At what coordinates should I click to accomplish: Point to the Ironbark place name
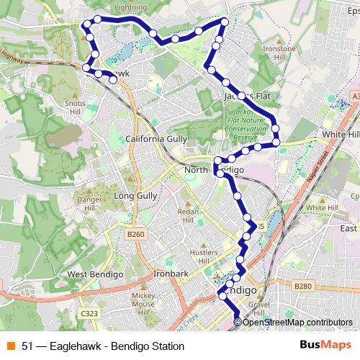point(170,274)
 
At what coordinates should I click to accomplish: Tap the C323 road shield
point(89,314)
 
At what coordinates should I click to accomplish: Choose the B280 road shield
point(303,287)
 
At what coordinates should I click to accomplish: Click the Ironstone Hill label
point(279,53)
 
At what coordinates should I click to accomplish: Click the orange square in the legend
point(11,346)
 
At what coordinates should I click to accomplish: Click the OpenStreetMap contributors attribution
point(297,322)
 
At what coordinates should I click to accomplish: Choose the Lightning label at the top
point(130,7)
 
